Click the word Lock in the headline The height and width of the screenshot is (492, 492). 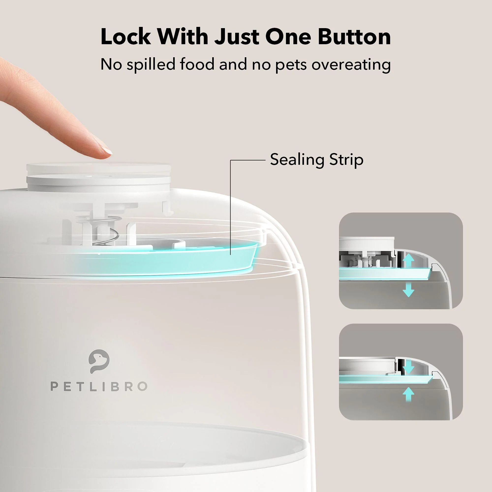coord(126,37)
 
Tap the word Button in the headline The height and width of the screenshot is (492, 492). coord(354,37)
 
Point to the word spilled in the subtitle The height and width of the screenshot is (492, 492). coord(151,64)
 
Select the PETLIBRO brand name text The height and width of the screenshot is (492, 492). coord(99,386)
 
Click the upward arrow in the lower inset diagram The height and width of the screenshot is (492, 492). coord(408,395)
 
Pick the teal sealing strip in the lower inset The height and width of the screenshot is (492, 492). coord(385,380)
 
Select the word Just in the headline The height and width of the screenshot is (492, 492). coord(237,37)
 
